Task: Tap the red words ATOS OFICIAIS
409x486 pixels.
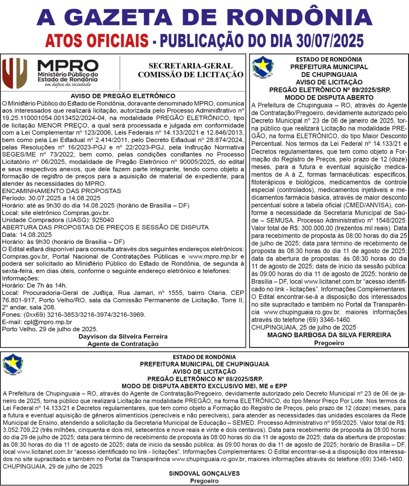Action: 96,40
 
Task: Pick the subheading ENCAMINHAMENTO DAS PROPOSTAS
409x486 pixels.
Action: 61,191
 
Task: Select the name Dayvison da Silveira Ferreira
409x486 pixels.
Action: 123,336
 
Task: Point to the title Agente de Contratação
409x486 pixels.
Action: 123,344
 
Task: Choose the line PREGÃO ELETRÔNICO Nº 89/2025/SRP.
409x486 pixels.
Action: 329,91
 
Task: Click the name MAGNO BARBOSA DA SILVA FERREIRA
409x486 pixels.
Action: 329,335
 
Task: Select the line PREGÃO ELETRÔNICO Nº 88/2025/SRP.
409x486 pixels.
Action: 205,378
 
